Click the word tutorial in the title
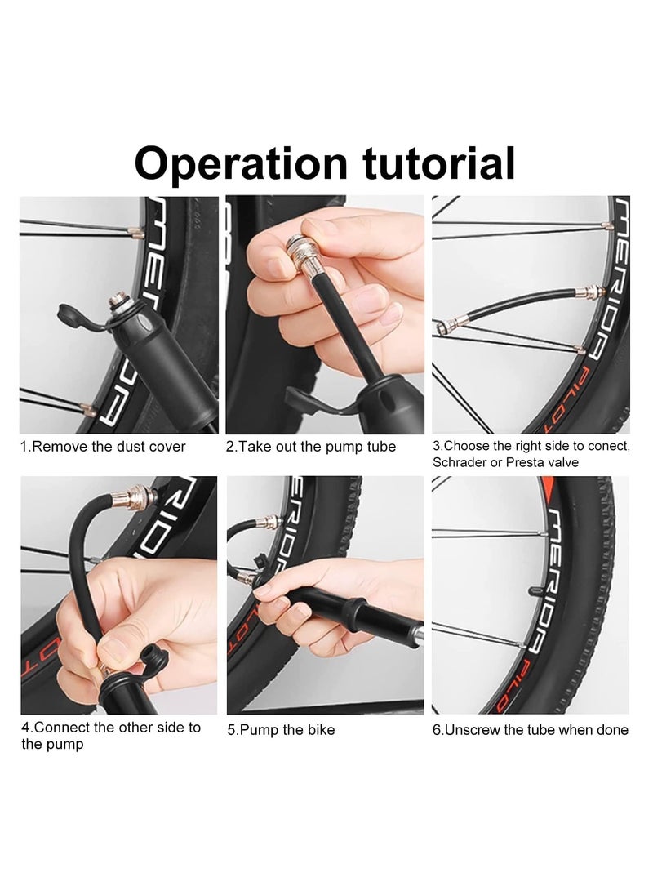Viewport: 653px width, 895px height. tap(438, 163)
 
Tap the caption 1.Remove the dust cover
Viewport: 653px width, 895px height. tap(104, 447)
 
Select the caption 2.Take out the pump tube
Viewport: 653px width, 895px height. tap(311, 447)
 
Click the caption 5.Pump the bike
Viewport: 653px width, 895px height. tap(282, 730)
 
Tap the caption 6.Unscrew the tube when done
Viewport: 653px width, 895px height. tap(531, 730)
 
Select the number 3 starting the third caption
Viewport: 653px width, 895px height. tap(436, 447)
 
